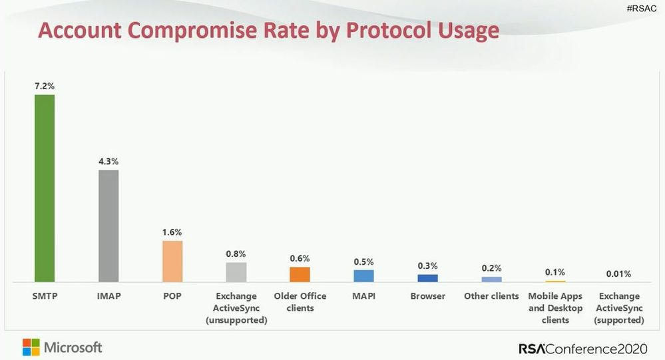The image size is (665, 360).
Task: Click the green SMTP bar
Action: point(45,188)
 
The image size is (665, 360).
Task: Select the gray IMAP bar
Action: point(109,226)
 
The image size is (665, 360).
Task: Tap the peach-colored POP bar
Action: point(172,261)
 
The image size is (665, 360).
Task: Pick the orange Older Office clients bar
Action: point(300,274)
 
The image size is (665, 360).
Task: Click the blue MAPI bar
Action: point(363,275)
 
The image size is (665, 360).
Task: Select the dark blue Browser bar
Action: point(427,278)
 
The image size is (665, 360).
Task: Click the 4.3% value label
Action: point(109,162)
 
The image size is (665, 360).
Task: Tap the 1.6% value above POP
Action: point(172,232)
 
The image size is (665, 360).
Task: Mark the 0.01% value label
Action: point(619,273)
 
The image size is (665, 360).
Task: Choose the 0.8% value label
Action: point(236,254)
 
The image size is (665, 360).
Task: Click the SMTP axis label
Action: point(45,296)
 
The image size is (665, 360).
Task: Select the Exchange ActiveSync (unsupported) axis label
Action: point(236,307)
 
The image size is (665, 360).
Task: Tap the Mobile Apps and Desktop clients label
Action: point(555,307)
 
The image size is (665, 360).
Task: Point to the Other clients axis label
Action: point(491,296)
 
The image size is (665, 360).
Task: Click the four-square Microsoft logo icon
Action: point(31,347)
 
